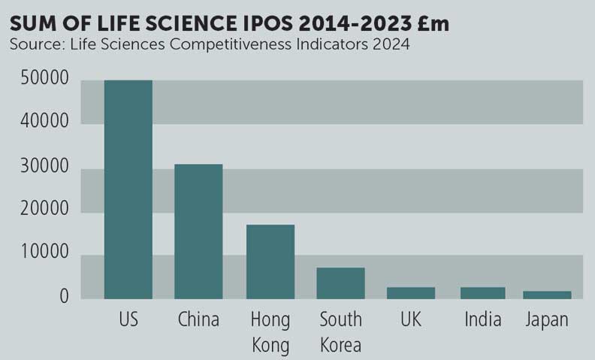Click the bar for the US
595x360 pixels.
(128, 189)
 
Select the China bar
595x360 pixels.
(198, 231)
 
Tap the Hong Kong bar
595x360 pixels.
(270, 262)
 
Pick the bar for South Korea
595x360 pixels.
(340, 283)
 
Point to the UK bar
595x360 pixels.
(412, 293)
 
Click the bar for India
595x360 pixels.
(482, 293)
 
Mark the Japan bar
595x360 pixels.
(547, 295)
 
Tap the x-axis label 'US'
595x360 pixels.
(128, 320)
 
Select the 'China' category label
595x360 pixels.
(198, 320)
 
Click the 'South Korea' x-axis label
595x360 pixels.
(340, 332)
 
